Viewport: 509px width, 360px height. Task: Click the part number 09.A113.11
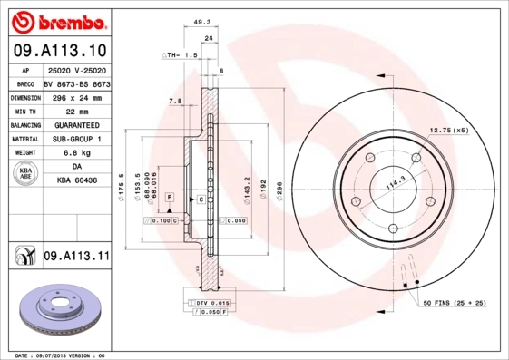[75, 257]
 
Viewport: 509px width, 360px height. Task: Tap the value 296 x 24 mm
[75, 95]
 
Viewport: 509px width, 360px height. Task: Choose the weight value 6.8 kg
[75, 153]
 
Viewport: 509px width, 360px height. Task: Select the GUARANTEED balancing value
[75, 124]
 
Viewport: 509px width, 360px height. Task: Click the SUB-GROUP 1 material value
[75, 139]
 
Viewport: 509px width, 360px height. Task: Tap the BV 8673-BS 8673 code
[75, 82]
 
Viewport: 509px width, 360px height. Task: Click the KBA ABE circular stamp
[24, 175]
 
